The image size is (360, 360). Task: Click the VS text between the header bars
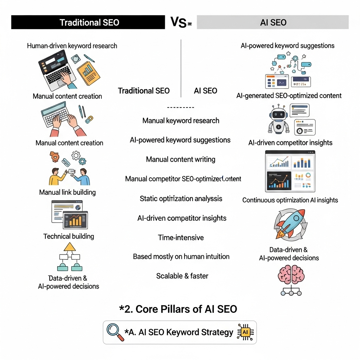pos(179,22)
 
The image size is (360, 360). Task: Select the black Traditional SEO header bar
pos(88,22)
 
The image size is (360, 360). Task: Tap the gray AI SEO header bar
pos(273,22)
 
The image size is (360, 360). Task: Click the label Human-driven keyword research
pos(72,46)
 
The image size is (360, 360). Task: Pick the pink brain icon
pos(291,274)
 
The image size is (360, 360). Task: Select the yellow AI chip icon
pos(245,332)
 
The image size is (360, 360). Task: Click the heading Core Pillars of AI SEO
pos(178,309)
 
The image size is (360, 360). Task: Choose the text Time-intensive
pos(181,238)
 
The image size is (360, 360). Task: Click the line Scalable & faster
pos(182,276)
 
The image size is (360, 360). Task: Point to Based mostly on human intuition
pos(181,257)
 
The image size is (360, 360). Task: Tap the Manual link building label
pos(67,192)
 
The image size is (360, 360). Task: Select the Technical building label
pos(69,236)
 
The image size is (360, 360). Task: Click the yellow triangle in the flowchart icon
pos(70,246)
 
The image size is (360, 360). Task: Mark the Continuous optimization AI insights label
pos(290,200)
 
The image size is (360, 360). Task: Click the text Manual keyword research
pos(181,121)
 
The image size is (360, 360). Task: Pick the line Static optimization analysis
pos(181,199)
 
